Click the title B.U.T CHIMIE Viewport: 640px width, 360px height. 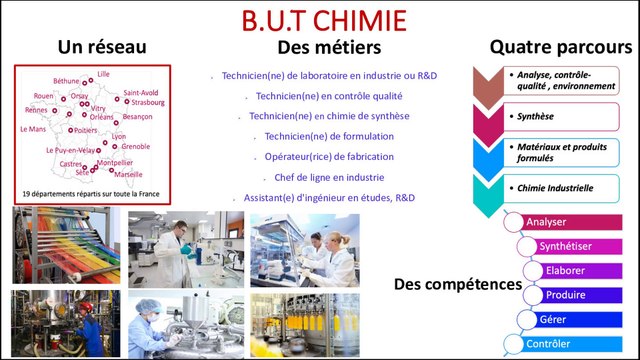[x=323, y=20]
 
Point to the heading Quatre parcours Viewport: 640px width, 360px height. [x=560, y=47]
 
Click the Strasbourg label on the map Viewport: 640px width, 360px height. [x=147, y=102]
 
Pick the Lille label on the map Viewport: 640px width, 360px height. [x=104, y=74]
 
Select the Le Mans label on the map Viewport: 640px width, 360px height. [x=33, y=129]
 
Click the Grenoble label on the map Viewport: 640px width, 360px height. [x=136, y=146]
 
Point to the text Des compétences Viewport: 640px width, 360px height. [x=457, y=285]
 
